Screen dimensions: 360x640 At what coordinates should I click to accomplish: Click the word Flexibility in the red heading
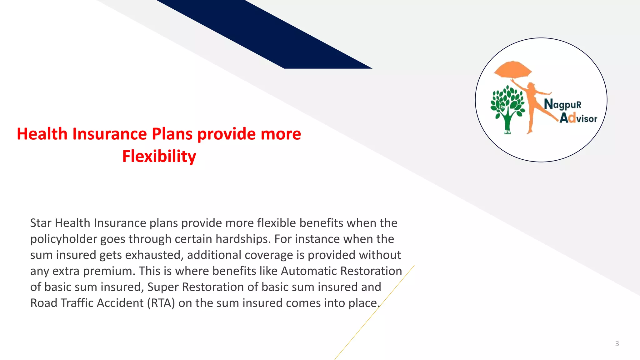[159, 156]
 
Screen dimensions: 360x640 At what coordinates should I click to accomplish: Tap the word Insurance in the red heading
[109, 134]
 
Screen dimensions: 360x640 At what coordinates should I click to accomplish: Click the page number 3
[617, 344]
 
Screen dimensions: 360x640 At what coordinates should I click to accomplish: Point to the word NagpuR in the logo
[562, 104]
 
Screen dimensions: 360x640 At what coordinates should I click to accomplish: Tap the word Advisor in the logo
[578, 118]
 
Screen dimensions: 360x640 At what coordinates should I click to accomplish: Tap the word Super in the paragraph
[163, 287]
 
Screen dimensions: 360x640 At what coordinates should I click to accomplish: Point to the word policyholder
[63, 239]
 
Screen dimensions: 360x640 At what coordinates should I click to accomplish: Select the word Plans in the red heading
[172, 134]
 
